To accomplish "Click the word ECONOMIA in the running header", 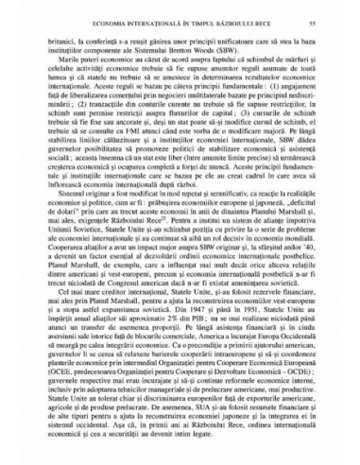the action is [x=101, y=20].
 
